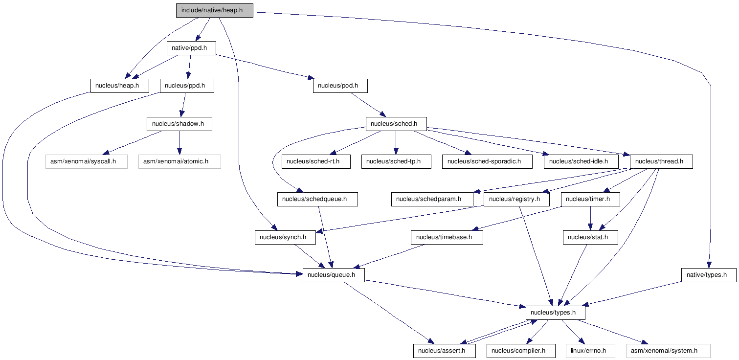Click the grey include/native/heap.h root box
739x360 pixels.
point(214,11)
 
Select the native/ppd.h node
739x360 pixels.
point(191,48)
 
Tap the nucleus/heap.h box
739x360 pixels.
point(120,86)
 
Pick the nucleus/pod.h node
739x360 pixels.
point(340,86)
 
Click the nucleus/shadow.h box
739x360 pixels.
point(179,124)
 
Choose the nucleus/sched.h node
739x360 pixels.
point(396,124)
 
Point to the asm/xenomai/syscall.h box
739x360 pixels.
point(87,162)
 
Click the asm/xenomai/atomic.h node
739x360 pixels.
point(179,162)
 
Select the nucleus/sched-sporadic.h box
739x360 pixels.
point(487,162)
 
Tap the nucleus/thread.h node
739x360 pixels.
point(661,162)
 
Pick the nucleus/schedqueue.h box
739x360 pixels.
point(317,199)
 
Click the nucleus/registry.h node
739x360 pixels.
point(516,199)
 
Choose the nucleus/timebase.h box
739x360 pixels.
point(447,238)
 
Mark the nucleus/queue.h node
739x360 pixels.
point(334,275)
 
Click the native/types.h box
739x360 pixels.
point(709,275)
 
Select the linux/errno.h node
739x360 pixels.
point(590,351)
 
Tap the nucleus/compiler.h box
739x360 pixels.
point(521,351)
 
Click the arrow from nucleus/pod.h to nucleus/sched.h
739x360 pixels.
point(368,105)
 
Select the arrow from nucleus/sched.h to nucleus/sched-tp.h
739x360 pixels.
point(396,143)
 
